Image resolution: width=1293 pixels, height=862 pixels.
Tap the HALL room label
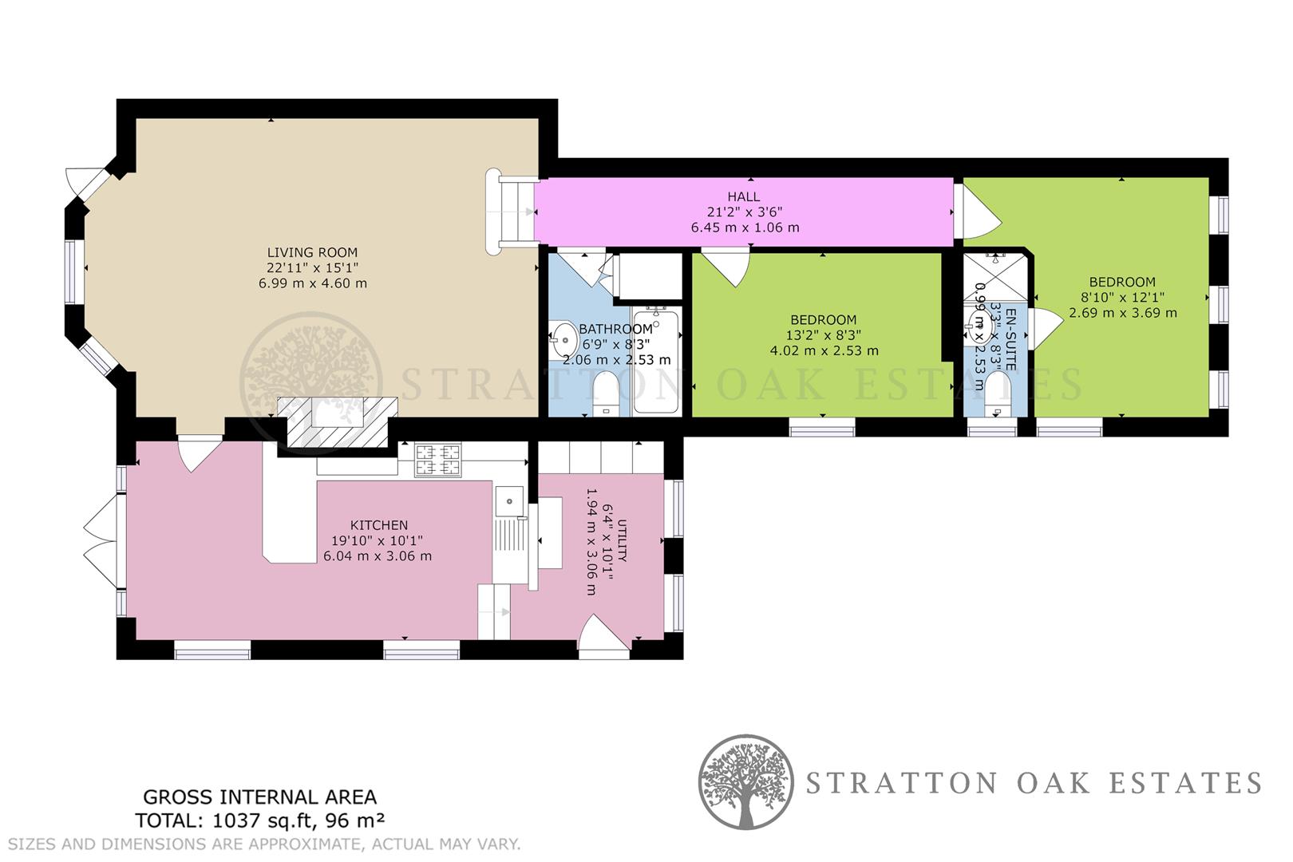[743, 196]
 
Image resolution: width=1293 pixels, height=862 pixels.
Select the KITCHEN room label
[378, 525]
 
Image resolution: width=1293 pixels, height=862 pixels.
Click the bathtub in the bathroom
[656, 363]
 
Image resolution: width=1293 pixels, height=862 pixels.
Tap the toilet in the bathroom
[606, 394]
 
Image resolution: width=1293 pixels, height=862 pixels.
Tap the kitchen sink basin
[509, 500]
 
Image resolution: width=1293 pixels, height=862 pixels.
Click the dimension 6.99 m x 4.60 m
[312, 283]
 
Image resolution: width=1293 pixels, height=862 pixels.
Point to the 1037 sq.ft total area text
[261, 820]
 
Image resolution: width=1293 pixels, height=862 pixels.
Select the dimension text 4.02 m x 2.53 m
[824, 350]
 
